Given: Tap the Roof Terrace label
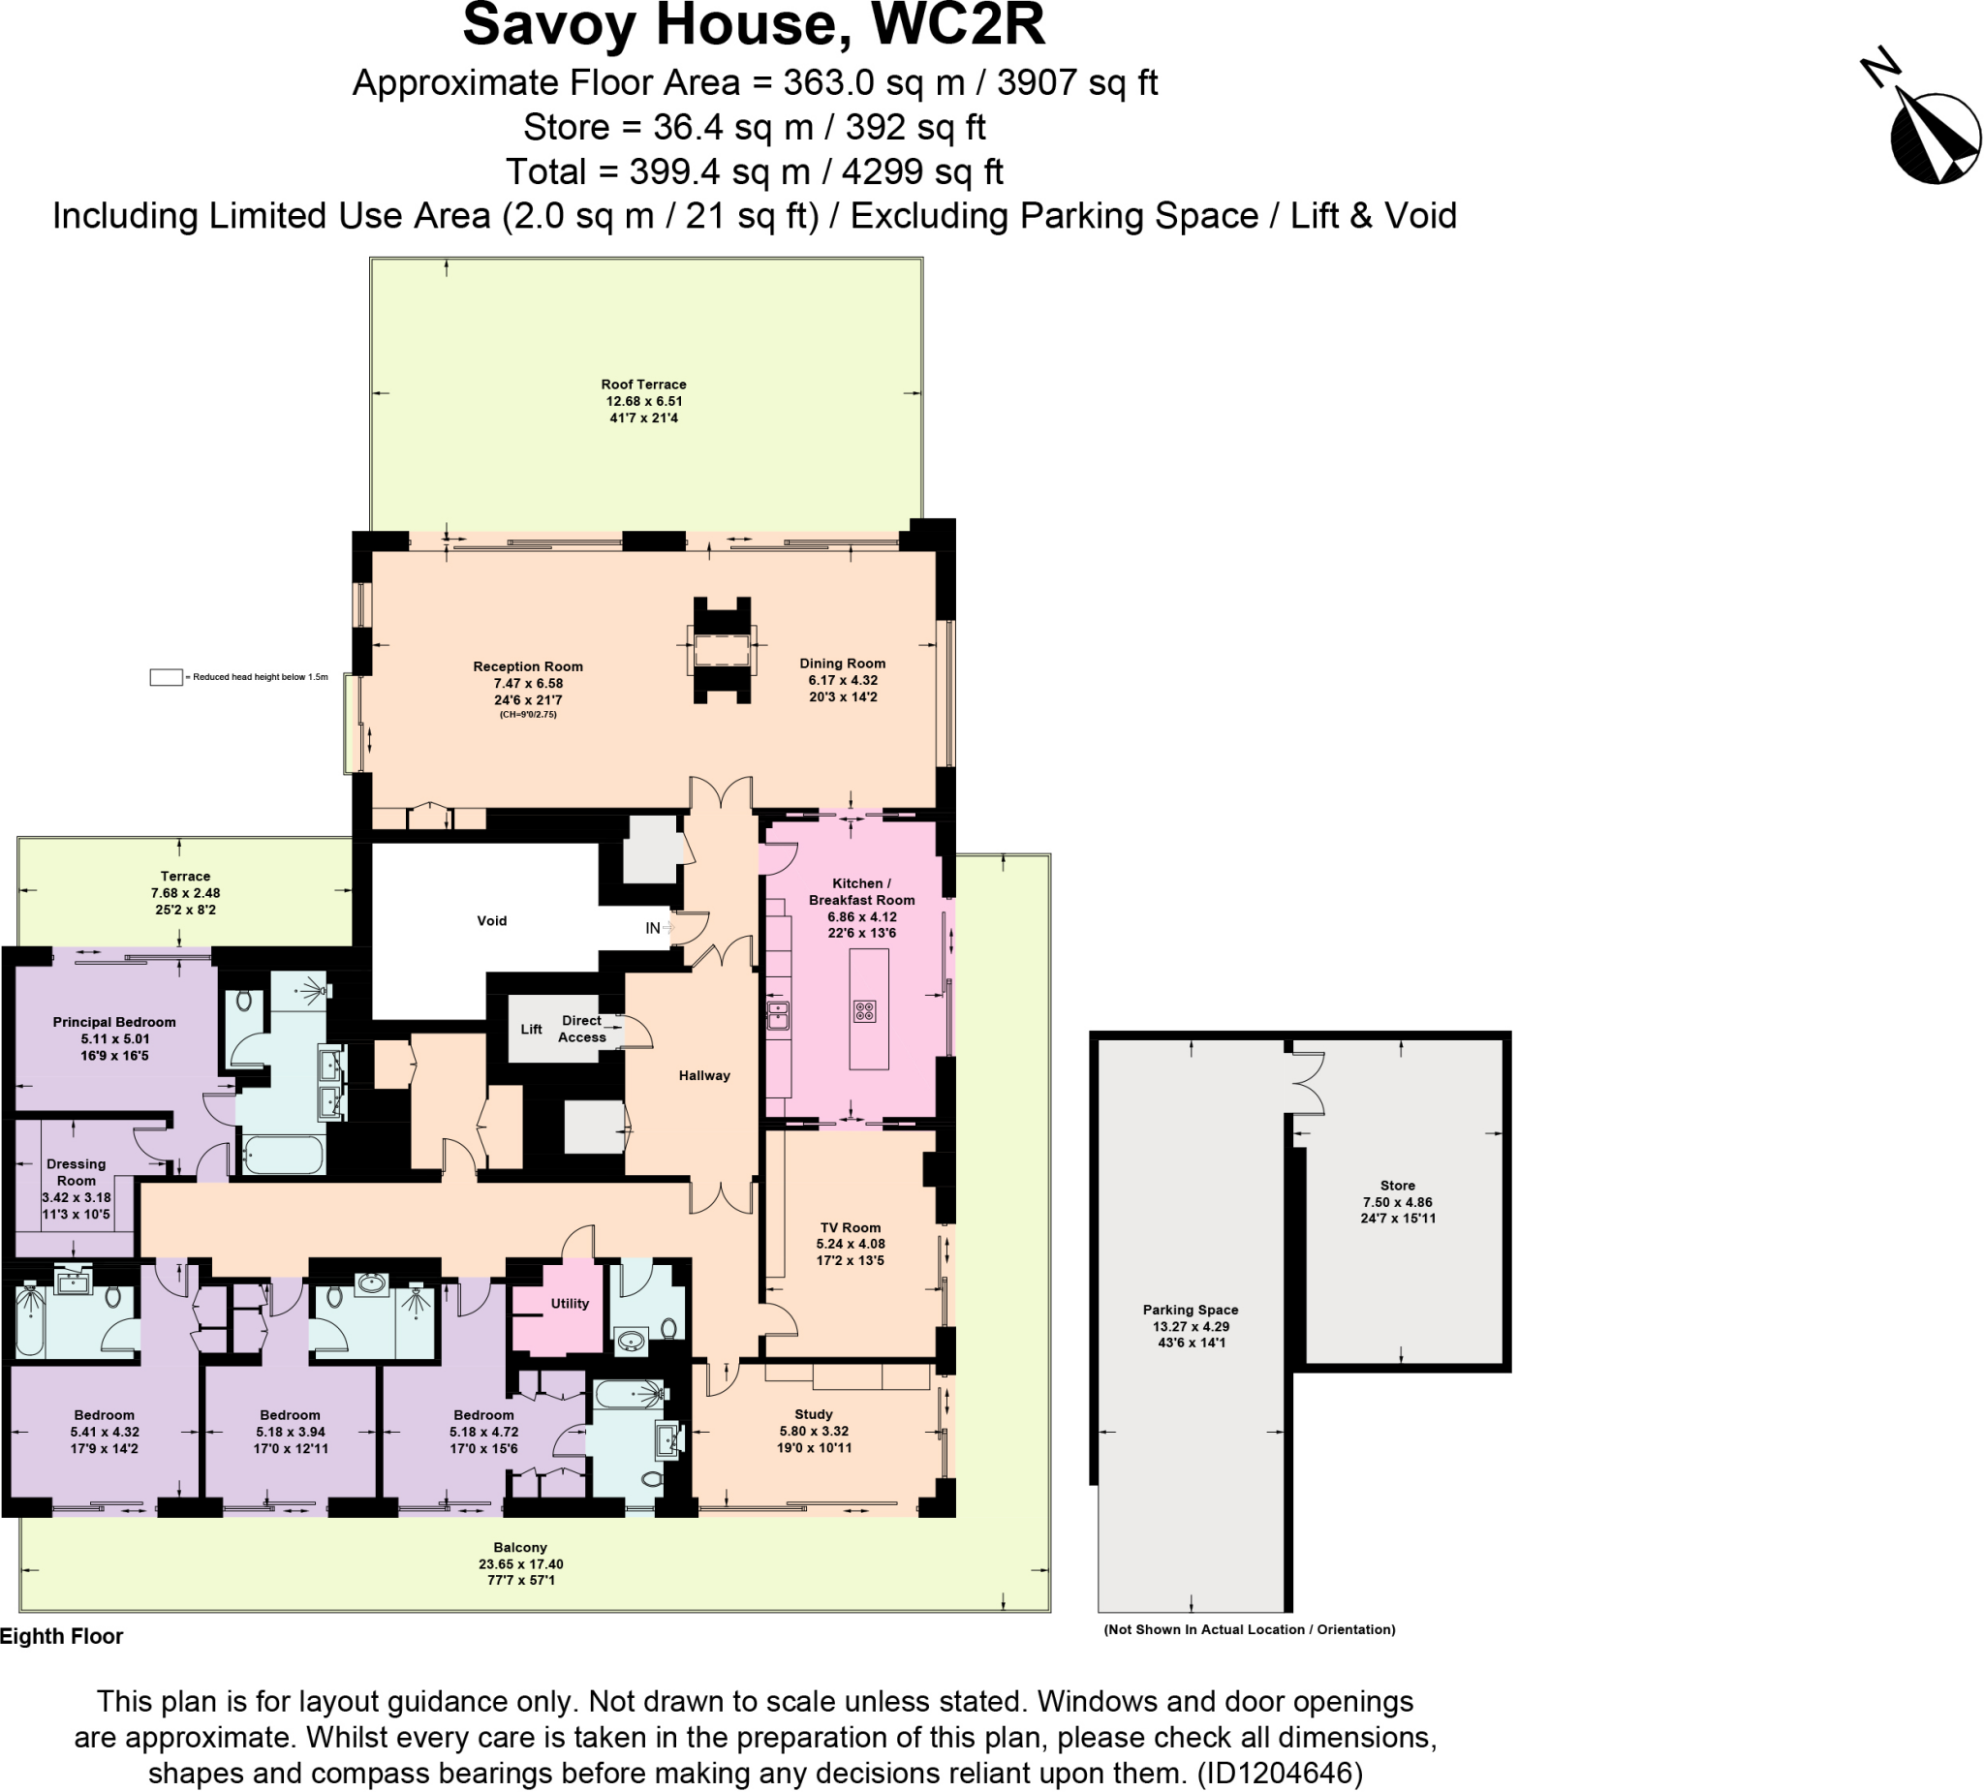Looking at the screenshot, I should pos(643,385).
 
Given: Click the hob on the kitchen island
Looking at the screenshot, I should pos(864,1010).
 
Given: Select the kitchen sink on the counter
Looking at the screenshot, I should pos(778,1014).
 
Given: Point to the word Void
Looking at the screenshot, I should pos(492,921).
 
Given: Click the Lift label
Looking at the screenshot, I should pos(532,1030).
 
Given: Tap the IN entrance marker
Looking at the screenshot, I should pos(654,928).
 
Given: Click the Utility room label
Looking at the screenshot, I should pos(570,1303).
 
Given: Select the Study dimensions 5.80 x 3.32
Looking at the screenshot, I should pos(814,1431).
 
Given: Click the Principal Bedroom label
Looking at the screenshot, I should pos(114,1023).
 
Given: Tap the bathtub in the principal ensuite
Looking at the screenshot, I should pos(284,1155).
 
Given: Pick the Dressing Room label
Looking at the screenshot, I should pos(76,1172).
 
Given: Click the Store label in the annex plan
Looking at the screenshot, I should pos(1398,1186).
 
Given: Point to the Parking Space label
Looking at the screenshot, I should pos(1190,1310).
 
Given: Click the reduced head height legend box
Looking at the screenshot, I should pos(166,677).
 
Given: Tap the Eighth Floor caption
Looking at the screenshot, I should pos(61,1636).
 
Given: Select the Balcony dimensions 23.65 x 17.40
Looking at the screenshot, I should pos(520,1563).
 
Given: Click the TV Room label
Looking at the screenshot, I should pos(851,1227).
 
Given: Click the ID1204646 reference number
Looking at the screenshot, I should pos(1280,1774).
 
